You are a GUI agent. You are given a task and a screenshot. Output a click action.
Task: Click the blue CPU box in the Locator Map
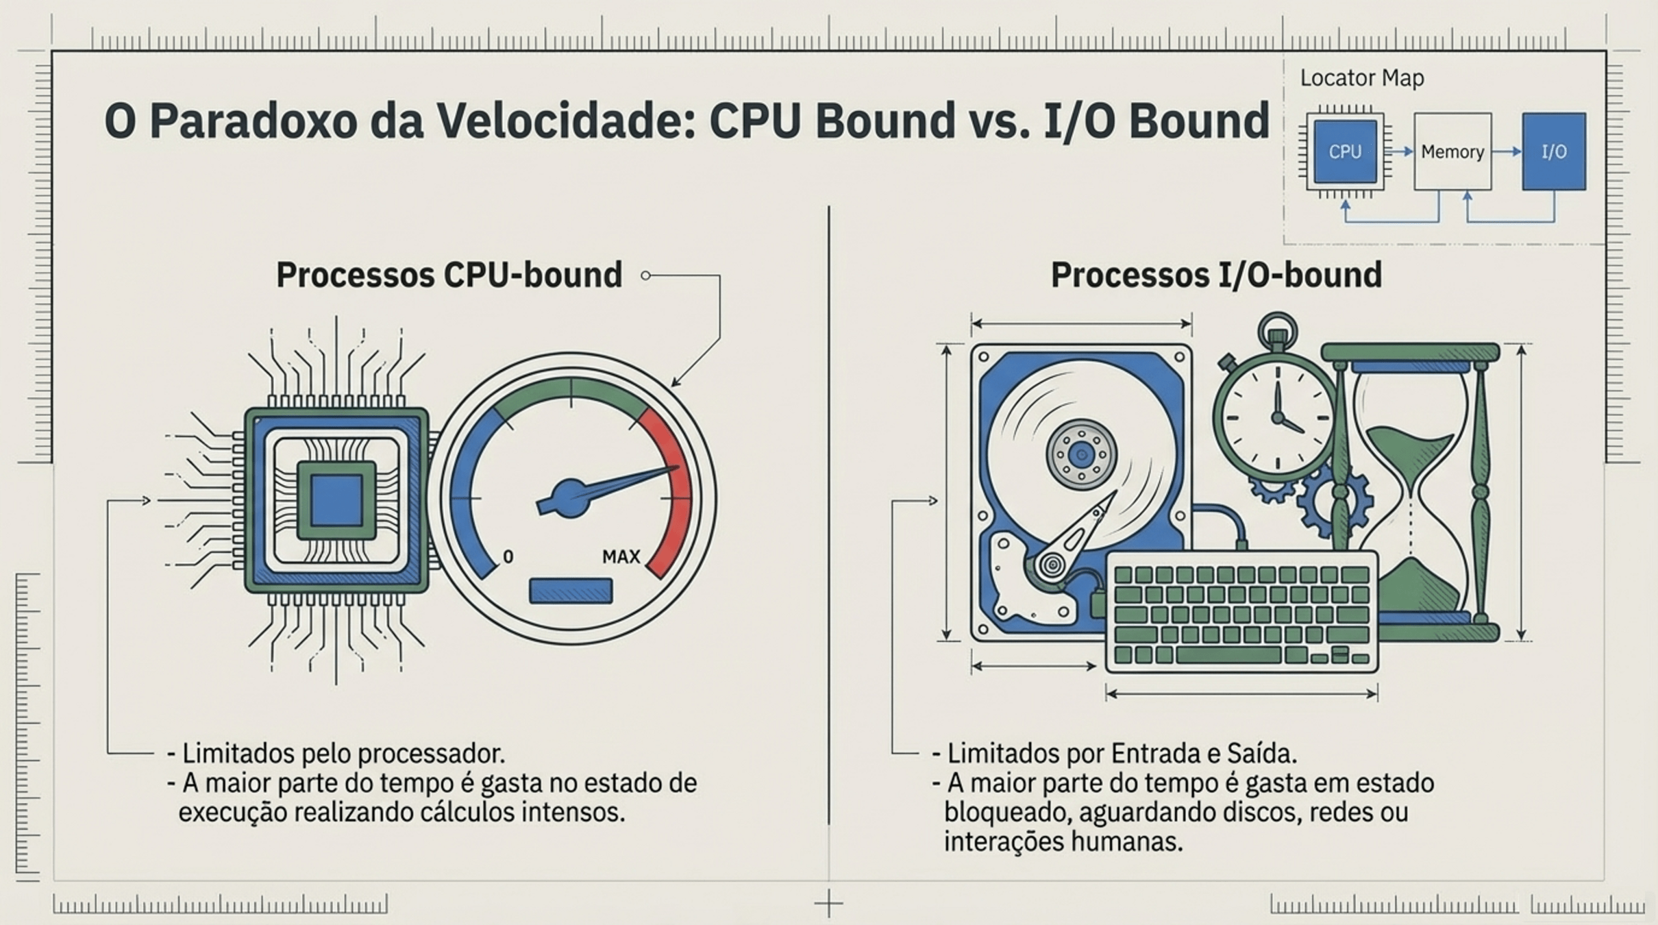pyautogui.click(x=1345, y=151)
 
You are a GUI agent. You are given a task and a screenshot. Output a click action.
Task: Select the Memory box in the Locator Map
pyautogui.click(x=1452, y=151)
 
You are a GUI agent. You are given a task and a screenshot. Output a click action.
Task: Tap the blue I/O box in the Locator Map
pyautogui.click(x=1554, y=151)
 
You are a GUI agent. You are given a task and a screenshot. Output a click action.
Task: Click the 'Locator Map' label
pyautogui.click(x=1361, y=78)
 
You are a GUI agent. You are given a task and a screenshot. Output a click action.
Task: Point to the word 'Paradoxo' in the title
pyautogui.click(x=253, y=121)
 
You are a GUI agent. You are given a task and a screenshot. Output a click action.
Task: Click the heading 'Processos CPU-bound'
pyautogui.click(x=449, y=275)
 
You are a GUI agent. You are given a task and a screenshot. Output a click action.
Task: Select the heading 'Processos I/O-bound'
pyautogui.click(x=1216, y=275)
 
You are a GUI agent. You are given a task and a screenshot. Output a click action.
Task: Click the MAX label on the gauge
pyautogui.click(x=621, y=556)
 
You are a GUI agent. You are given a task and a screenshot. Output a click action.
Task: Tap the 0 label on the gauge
pyautogui.click(x=508, y=556)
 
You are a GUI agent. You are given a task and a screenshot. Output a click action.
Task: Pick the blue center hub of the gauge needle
pyautogui.click(x=570, y=498)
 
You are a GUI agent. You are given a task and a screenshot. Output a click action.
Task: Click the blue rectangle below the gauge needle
pyautogui.click(x=571, y=591)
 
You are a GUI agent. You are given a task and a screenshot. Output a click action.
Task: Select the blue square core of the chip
pyautogui.click(x=336, y=500)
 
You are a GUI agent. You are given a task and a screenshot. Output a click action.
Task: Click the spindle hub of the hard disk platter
pyautogui.click(x=1081, y=454)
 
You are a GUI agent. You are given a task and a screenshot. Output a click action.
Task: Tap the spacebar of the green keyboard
pyautogui.click(x=1228, y=655)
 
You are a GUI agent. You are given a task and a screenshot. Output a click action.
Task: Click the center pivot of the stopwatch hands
pyautogui.click(x=1277, y=417)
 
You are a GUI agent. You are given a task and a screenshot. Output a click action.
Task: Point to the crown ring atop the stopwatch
pyautogui.click(x=1278, y=327)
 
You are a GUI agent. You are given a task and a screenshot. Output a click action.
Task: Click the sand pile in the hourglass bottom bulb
pyautogui.click(x=1411, y=586)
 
